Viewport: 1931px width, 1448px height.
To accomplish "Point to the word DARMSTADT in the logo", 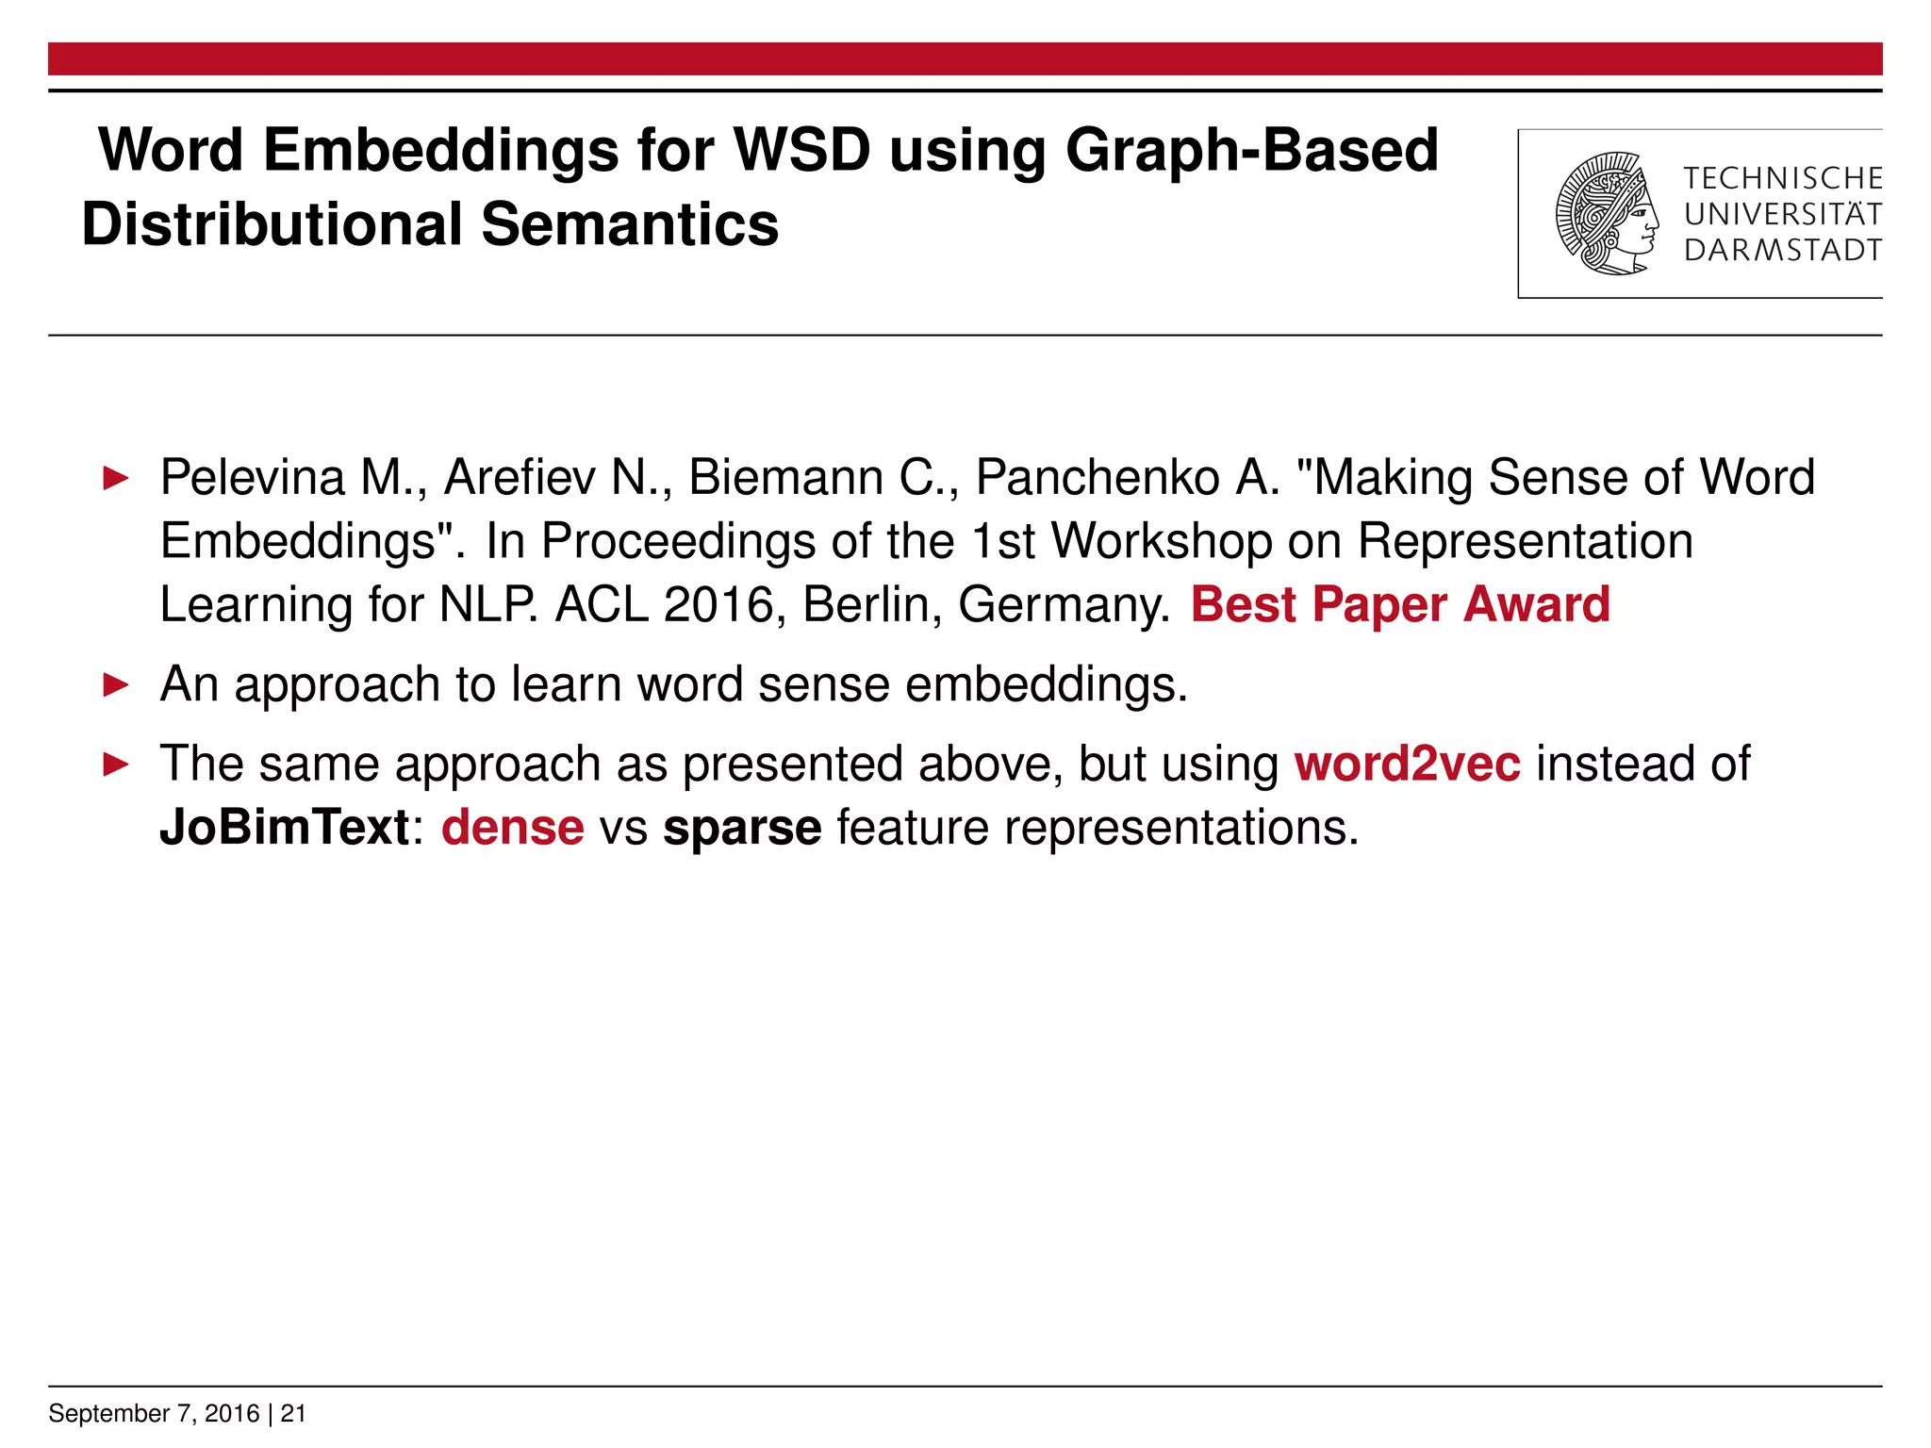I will (1782, 251).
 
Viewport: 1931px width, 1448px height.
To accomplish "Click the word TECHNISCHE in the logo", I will (1782, 178).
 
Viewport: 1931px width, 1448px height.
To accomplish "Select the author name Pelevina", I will (253, 477).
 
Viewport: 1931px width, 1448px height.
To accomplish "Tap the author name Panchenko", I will (1098, 477).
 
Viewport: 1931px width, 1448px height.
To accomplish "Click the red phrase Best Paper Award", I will (1400, 604).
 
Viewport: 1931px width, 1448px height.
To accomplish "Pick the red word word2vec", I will (1407, 764).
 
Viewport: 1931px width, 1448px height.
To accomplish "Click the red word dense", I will (512, 828).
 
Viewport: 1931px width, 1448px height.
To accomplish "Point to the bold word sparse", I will (742, 828).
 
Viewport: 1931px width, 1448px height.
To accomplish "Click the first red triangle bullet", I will (115, 478).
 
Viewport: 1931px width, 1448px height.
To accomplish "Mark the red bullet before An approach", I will (115, 684).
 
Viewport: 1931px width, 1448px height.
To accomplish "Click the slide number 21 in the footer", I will (293, 1413).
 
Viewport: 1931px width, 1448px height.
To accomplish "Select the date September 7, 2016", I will (154, 1413).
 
